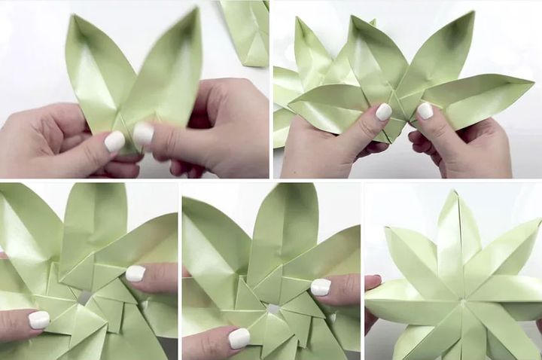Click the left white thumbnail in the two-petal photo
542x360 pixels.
114,141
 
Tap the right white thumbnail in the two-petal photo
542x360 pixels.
143,133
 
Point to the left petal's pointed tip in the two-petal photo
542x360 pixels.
71,17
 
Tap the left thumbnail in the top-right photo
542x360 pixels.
383,111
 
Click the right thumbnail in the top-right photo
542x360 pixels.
425,110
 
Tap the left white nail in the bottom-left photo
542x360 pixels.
39,319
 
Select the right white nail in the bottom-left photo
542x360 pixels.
135,273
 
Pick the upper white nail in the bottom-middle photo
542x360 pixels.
321,286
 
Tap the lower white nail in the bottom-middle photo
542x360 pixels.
239,337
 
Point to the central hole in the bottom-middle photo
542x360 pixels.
273,309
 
